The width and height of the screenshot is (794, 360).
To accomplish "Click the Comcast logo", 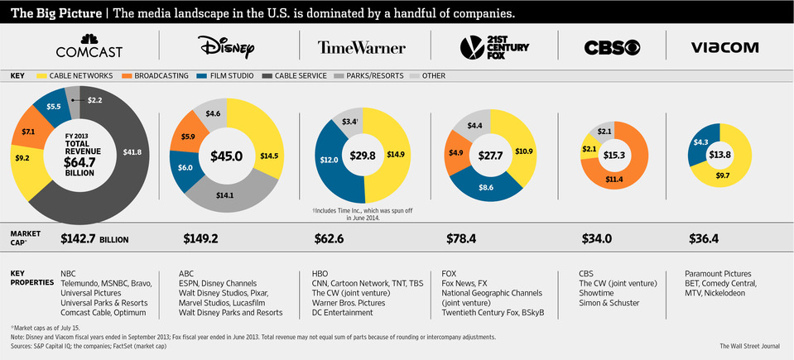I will point(89,46).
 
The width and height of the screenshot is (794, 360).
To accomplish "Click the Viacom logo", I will point(724,48).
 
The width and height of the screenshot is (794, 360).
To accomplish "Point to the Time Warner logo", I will point(362,48).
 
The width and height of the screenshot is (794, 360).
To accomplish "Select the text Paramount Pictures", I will point(718,273).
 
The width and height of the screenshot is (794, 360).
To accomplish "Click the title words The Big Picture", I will point(54,13).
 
